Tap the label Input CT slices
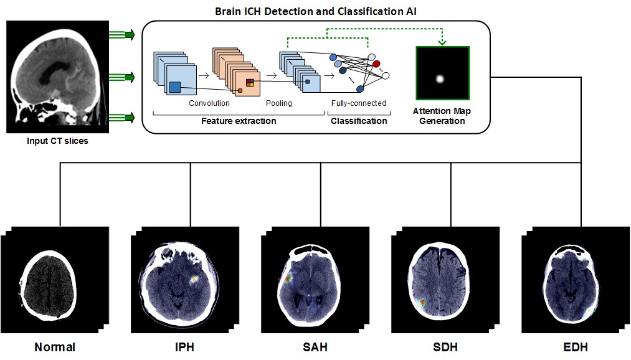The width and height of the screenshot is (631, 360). click(x=57, y=141)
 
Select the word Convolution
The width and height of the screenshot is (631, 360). click(x=209, y=103)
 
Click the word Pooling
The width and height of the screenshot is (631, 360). click(x=278, y=103)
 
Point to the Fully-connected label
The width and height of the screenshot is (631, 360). click(x=359, y=103)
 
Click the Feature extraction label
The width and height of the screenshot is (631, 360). click(x=239, y=121)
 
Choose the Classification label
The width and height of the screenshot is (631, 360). click(x=359, y=121)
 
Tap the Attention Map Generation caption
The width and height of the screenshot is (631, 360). click(x=442, y=116)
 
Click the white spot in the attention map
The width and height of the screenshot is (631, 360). click(x=440, y=78)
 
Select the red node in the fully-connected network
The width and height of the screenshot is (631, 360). click(x=376, y=64)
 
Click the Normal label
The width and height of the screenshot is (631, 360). click(x=55, y=347)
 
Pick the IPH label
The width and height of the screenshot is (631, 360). click(x=185, y=347)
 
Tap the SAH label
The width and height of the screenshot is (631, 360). click(x=315, y=347)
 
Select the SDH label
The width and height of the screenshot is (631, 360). click(x=446, y=347)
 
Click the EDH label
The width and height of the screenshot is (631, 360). click(x=576, y=347)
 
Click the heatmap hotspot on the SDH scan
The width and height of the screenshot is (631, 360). click(x=424, y=303)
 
